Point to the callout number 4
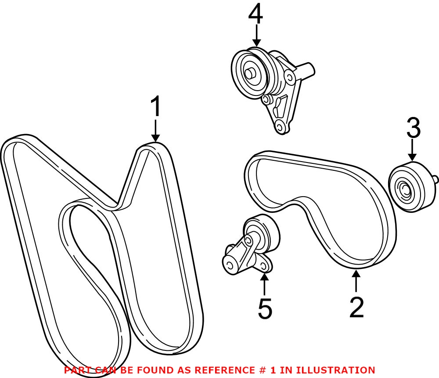tap(255, 15)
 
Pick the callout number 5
tap(265, 309)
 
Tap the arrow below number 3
tap(412, 152)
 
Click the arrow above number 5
tap(265, 284)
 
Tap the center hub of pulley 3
tap(404, 190)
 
